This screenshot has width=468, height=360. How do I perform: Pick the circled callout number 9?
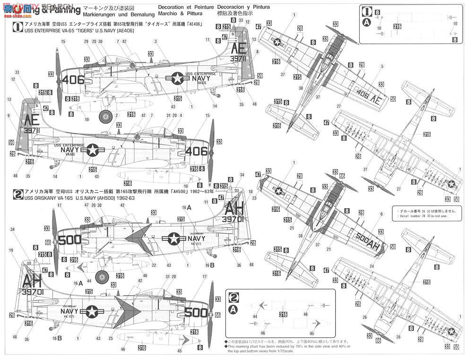pos(8,115)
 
